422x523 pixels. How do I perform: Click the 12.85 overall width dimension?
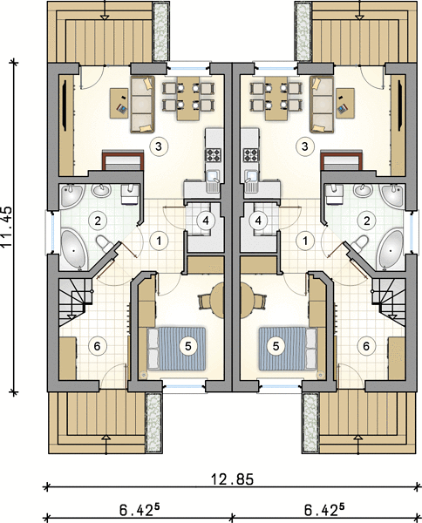click(232, 479)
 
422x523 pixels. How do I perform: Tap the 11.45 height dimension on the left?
click(6, 227)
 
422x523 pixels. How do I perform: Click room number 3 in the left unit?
click(159, 146)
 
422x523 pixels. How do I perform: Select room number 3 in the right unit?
click(304, 146)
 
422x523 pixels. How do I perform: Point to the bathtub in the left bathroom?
click(74, 248)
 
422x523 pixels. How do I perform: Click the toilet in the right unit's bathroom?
click(359, 243)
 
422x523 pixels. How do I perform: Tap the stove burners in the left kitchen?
click(213, 155)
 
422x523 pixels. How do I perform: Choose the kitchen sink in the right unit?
click(250, 180)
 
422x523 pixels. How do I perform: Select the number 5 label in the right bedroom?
click(276, 346)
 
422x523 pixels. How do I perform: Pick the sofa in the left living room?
click(142, 105)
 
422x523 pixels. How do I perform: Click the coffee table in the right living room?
click(345, 103)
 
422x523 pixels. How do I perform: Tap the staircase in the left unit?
click(76, 302)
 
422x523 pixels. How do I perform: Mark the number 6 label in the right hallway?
click(366, 346)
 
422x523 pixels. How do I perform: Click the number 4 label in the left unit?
click(205, 221)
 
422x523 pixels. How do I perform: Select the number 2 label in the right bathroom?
click(366, 221)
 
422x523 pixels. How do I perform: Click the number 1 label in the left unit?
click(160, 241)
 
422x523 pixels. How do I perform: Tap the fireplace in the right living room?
click(340, 160)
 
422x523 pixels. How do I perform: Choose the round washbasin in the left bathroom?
click(101, 190)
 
